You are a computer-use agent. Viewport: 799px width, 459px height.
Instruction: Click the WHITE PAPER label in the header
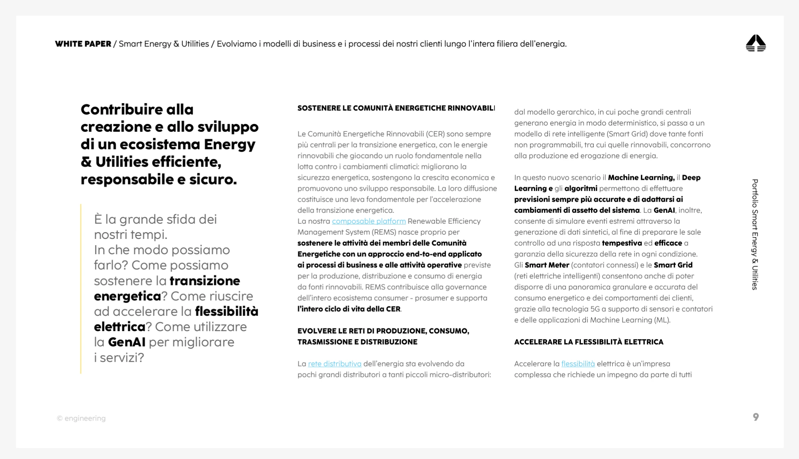(x=83, y=44)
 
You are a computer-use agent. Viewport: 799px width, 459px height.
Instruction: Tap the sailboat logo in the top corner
(x=756, y=43)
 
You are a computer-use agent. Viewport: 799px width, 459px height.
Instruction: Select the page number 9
(x=756, y=417)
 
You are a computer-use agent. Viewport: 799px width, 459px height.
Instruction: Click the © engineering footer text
(x=81, y=418)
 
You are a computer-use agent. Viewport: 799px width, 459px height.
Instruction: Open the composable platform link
(x=369, y=221)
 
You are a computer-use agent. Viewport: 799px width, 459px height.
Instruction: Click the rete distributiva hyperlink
(x=335, y=364)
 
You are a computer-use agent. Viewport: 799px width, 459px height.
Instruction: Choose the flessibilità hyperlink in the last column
(x=578, y=364)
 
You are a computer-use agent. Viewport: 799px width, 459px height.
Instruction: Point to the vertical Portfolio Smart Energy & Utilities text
(x=755, y=235)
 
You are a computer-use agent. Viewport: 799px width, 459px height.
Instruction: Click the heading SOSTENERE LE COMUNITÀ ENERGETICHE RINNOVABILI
(x=396, y=108)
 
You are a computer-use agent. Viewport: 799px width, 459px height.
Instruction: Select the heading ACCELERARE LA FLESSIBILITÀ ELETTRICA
(x=589, y=342)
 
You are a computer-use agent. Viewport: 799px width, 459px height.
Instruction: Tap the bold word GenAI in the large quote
(x=127, y=342)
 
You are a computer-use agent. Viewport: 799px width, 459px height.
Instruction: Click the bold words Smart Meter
(x=546, y=265)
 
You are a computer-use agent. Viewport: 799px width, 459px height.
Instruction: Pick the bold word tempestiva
(x=622, y=243)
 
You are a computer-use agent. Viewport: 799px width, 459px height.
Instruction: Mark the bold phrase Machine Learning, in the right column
(x=641, y=178)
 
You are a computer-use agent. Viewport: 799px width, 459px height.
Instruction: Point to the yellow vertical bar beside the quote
(x=81, y=289)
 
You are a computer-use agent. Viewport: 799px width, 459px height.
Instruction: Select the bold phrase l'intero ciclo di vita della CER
(x=349, y=309)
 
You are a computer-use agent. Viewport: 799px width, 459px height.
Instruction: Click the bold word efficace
(x=668, y=243)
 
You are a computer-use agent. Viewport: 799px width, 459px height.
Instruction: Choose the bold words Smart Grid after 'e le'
(x=673, y=265)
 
